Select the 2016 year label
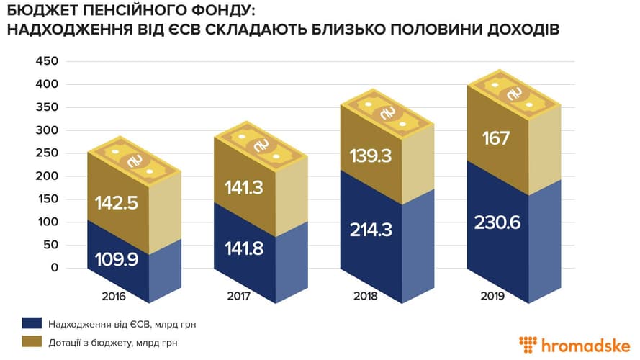(x=114, y=296)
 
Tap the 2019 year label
(x=494, y=296)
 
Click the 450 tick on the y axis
(x=46, y=61)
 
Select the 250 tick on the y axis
(x=46, y=153)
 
